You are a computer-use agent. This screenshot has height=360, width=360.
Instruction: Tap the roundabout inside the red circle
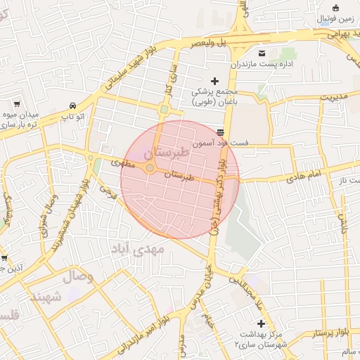pos(150,169)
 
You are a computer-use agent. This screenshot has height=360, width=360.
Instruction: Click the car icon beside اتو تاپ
pos(73,103)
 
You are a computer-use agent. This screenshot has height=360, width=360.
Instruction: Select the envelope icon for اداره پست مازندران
pos(262,54)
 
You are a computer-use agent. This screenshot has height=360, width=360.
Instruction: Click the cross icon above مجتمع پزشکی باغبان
pos(215,81)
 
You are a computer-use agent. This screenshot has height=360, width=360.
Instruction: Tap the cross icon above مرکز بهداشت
pos(262,323)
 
